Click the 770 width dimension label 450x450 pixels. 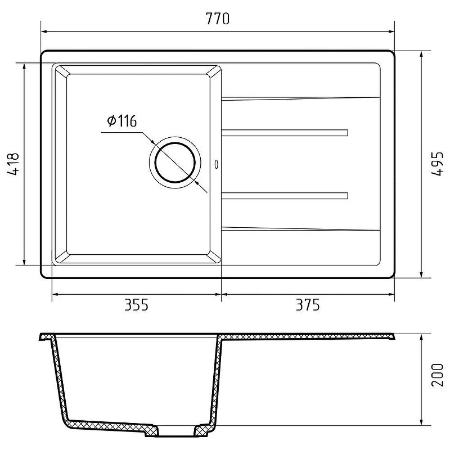pyautogui.click(x=218, y=19)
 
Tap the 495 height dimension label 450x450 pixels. pyautogui.click(x=438, y=164)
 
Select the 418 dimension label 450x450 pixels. pyautogui.click(x=13, y=164)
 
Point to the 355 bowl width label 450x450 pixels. pyautogui.click(x=136, y=305)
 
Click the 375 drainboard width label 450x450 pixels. pyautogui.click(x=308, y=305)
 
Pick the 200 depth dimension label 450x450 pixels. pyautogui.click(x=438, y=375)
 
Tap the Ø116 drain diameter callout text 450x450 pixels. pyautogui.click(x=121, y=121)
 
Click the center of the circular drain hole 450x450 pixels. pyautogui.click(x=175, y=163)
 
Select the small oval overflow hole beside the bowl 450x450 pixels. pyautogui.click(x=217, y=164)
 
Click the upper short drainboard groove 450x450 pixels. pyautogui.click(x=285, y=133)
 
